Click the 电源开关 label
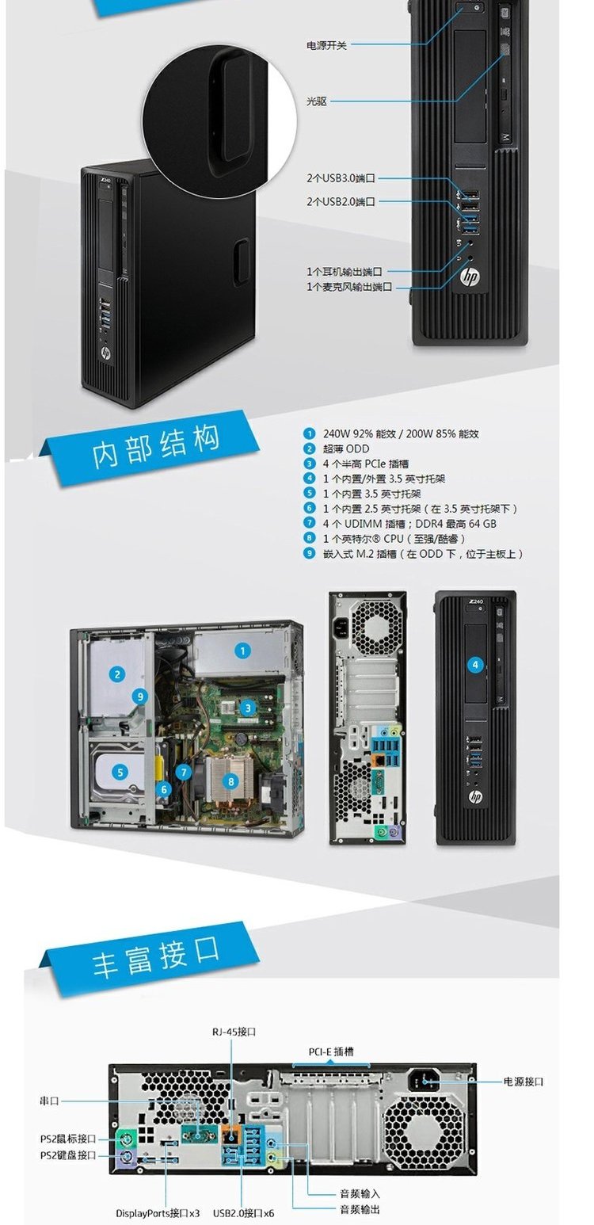point(326,45)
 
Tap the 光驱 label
point(316,101)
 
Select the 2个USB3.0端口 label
point(341,178)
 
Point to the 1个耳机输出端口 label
point(345,272)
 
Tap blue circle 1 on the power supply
point(242,651)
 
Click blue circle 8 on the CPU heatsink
point(230,781)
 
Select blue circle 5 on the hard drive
point(120,773)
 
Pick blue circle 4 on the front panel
point(475,665)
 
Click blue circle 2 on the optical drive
point(117,674)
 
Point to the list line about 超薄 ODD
point(337,449)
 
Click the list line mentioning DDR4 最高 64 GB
point(400,524)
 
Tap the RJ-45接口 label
point(234,1032)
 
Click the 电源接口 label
point(523,1082)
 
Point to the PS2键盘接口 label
point(68,1155)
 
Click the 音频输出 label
point(360,1210)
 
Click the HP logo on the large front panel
point(470,277)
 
